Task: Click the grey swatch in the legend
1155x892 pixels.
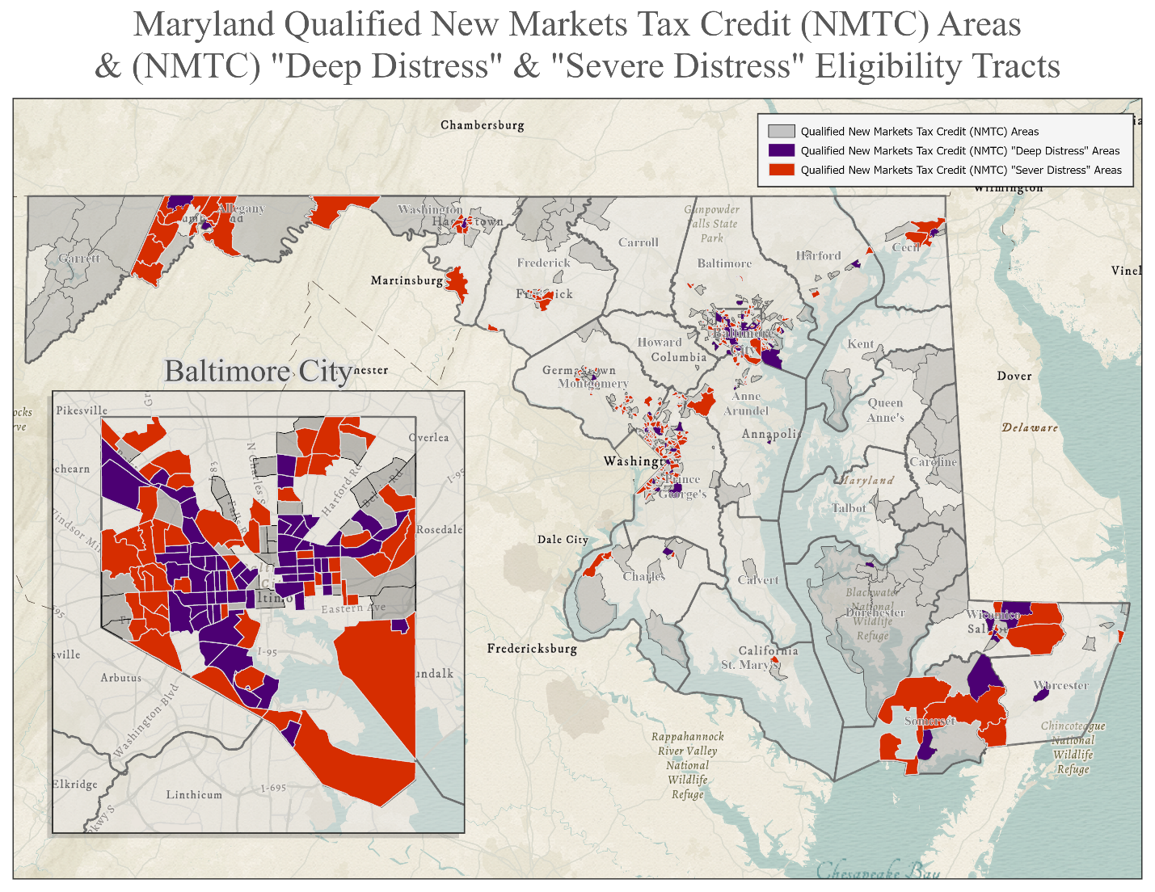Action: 782,131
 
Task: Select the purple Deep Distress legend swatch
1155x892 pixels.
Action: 782,150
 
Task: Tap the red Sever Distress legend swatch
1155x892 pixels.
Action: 782,170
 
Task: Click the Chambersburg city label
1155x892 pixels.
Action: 482,125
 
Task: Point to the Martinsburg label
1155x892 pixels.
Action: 407,281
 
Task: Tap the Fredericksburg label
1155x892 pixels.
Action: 532,649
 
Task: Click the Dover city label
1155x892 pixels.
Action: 1014,376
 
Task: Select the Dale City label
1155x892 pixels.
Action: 563,540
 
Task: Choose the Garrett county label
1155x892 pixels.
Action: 79,259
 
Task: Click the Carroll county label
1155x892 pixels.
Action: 638,242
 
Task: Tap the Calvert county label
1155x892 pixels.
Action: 758,580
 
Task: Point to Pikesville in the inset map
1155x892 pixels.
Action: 82,410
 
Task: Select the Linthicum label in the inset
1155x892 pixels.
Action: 194,795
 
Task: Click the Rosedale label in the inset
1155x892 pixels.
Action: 439,530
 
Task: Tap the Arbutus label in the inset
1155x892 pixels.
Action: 120,678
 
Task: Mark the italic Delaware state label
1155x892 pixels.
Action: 1030,427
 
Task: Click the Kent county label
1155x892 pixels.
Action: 860,344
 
